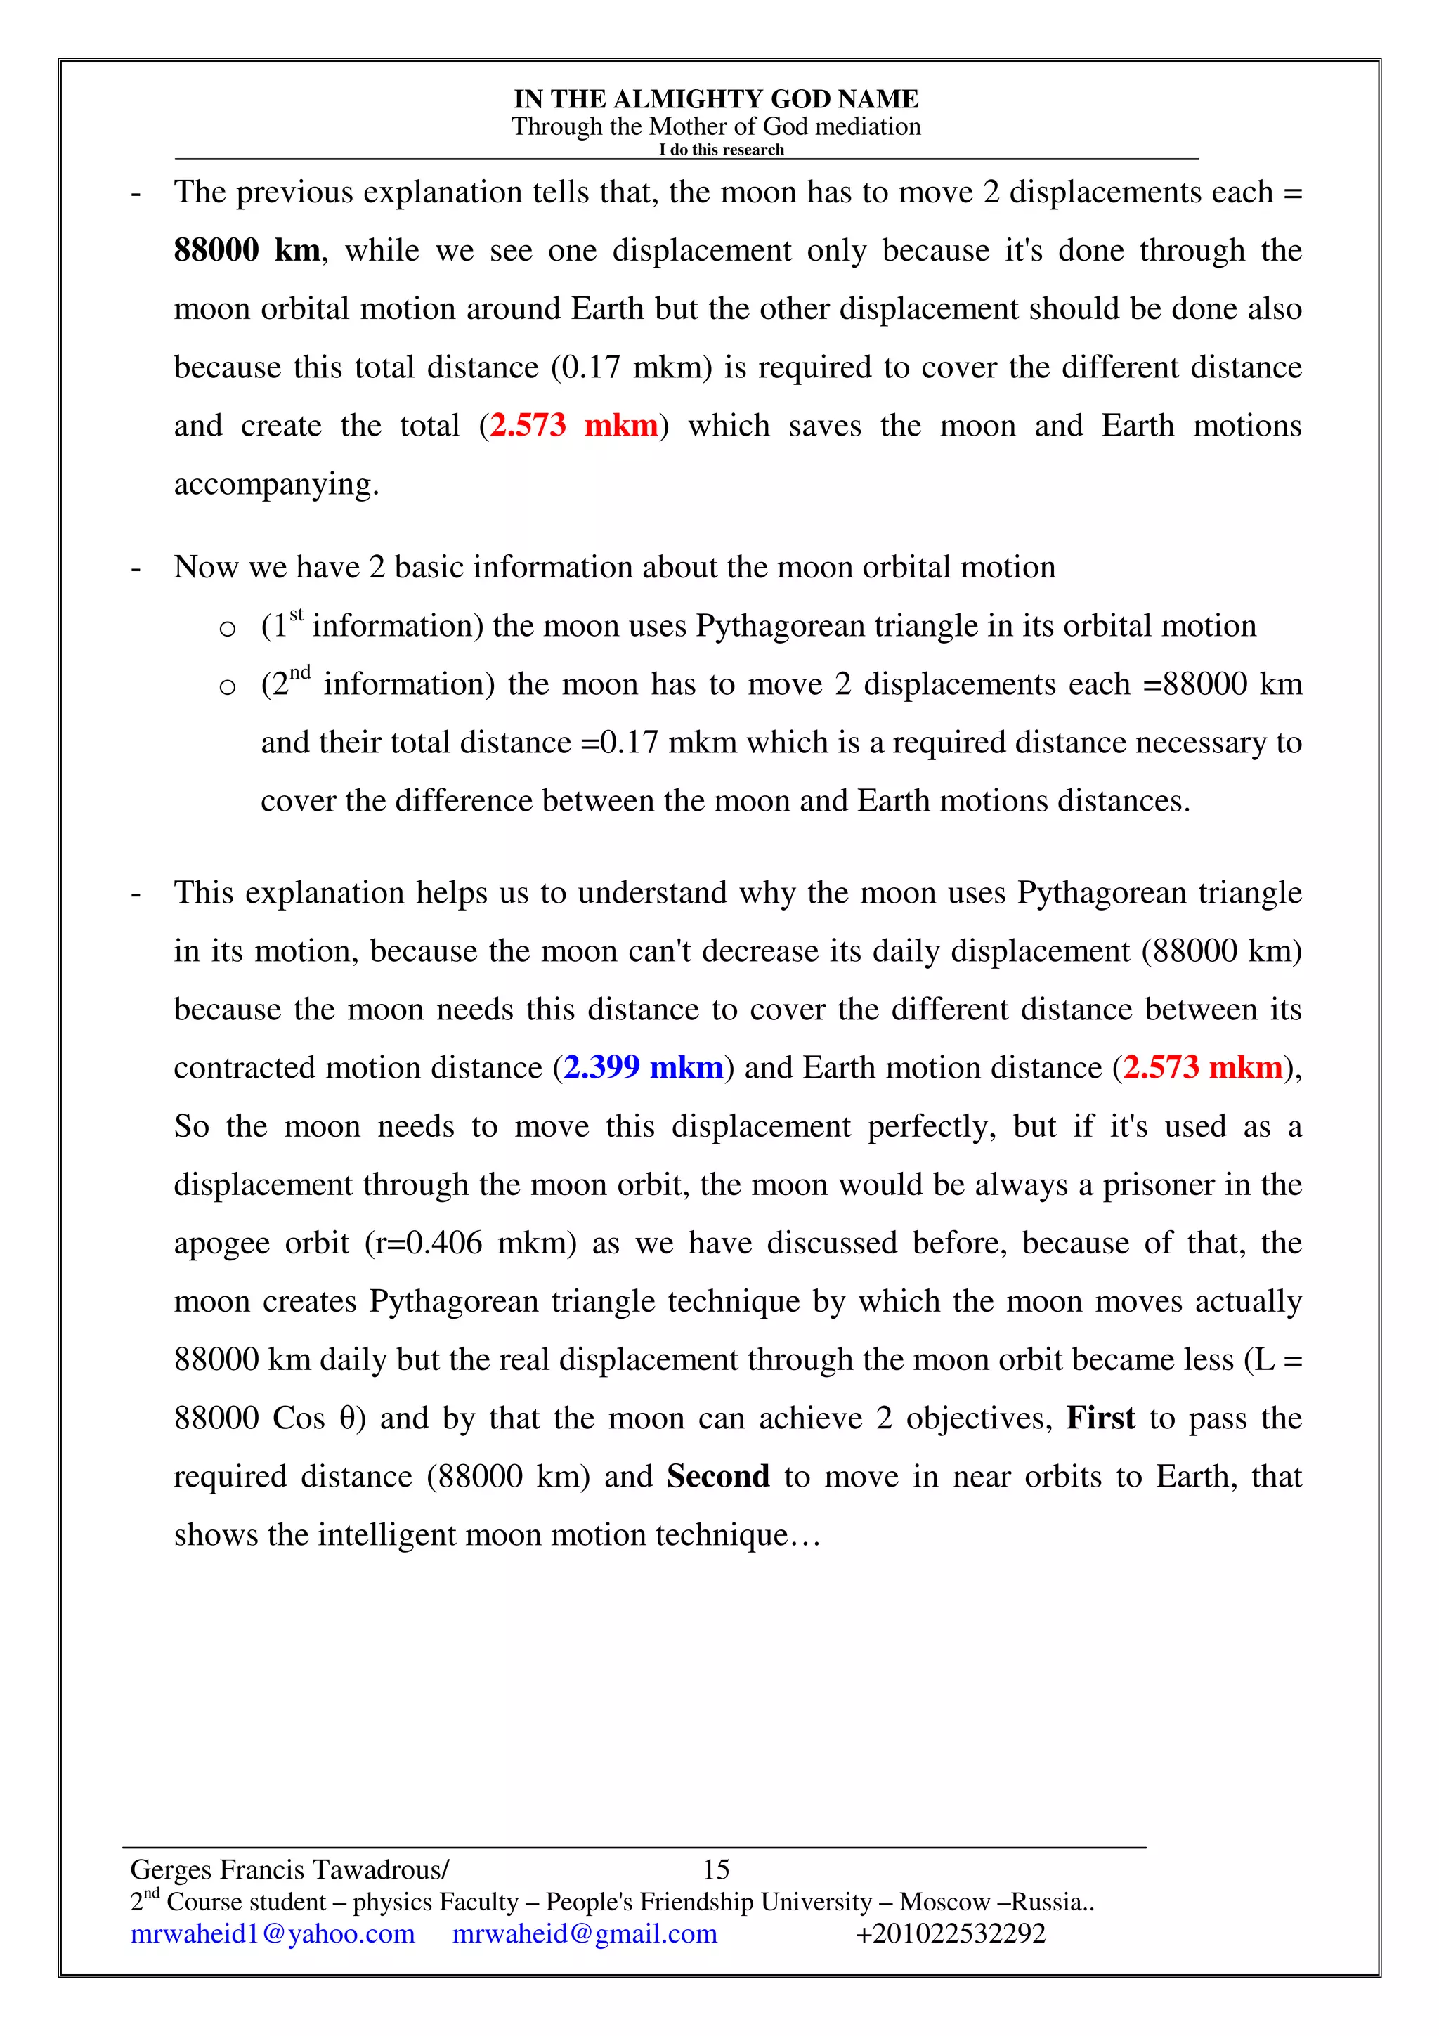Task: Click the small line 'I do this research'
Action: click(x=721, y=150)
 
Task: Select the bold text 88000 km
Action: click(x=247, y=251)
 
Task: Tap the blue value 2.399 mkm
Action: click(x=643, y=1068)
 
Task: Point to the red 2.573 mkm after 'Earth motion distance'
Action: click(x=1202, y=1068)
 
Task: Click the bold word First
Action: click(x=1100, y=1418)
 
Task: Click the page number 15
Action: click(x=715, y=1869)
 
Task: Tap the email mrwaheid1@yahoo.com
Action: click(x=272, y=1933)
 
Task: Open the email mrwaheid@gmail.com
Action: click(x=585, y=1933)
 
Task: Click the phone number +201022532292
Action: click(x=951, y=1933)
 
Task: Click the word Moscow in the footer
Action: click(x=944, y=1902)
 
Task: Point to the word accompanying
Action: click(x=275, y=485)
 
